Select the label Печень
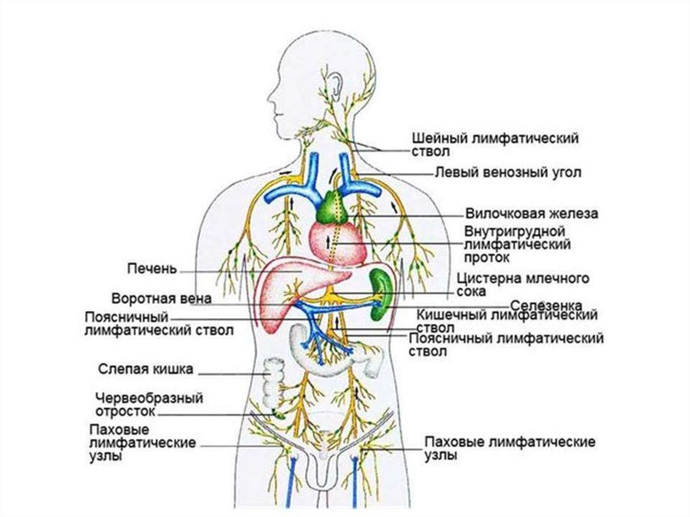click(152, 270)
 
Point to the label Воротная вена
click(162, 298)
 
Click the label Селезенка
click(546, 305)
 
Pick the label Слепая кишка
click(146, 369)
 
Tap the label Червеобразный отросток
click(149, 404)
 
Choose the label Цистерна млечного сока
click(523, 285)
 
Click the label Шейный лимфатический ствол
click(495, 144)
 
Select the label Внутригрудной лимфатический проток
click(517, 244)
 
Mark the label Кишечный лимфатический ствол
click(507, 320)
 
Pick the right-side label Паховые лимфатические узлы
click(509, 448)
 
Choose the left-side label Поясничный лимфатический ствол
click(160, 324)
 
